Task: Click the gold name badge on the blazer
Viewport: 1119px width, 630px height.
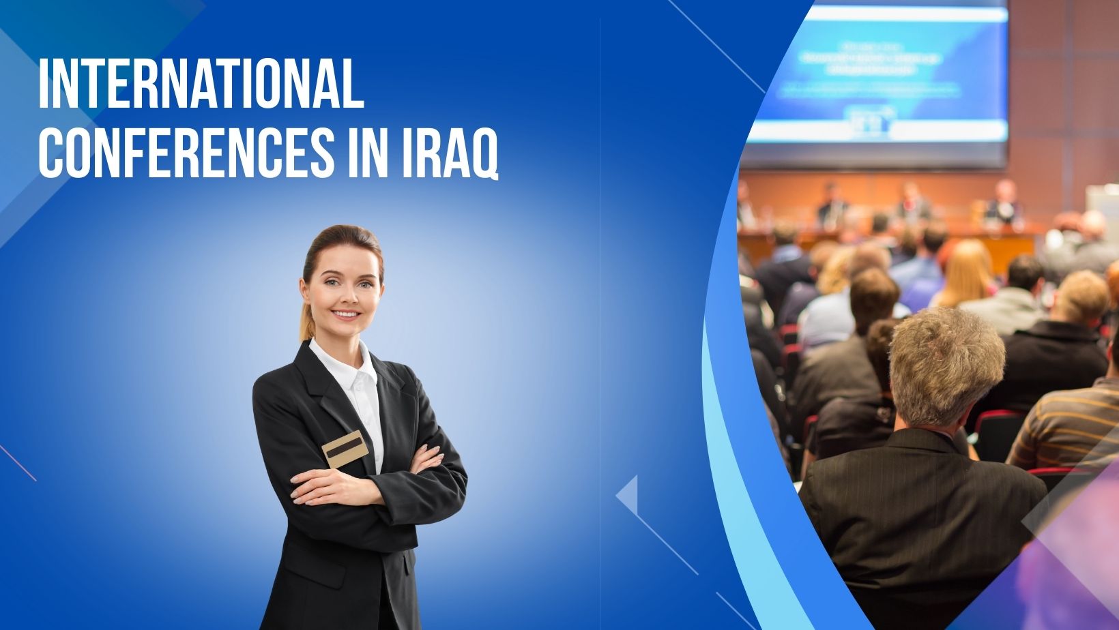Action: [345, 448]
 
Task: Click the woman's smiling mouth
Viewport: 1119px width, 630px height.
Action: [345, 314]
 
